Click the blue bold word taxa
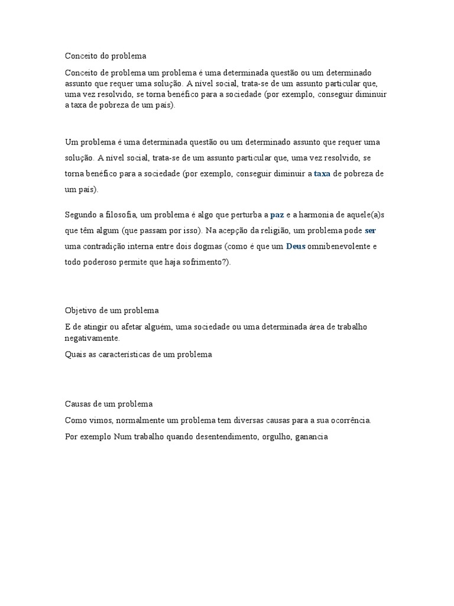322,174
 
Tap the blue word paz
277,214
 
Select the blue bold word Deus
296,246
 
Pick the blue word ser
371,230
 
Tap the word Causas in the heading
77,404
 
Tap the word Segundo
80,214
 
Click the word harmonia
315,214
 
